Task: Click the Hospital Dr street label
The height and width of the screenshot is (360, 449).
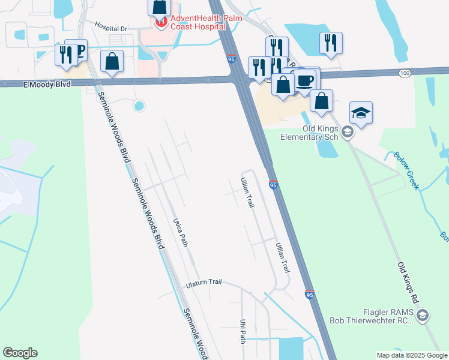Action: pyautogui.click(x=111, y=28)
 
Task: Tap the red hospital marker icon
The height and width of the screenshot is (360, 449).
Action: pyautogui.click(x=161, y=23)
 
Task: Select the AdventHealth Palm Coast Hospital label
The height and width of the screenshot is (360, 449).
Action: pyautogui.click(x=198, y=23)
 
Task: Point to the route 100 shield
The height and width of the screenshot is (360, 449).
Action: pyautogui.click(x=406, y=73)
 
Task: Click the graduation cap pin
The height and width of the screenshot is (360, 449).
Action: pyautogui.click(x=361, y=112)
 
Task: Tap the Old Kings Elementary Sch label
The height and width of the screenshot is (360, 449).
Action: pyautogui.click(x=310, y=133)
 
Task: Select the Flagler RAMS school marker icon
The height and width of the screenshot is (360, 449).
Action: pyautogui.click(x=422, y=316)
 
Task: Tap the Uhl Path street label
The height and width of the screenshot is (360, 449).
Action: pyautogui.click(x=243, y=331)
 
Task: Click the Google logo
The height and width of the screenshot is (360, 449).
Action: pyautogui.click(x=20, y=353)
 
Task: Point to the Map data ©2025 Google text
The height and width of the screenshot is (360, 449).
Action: pyautogui.click(x=412, y=355)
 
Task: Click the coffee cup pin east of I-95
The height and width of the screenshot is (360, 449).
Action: pyautogui.click(x=305, y=80)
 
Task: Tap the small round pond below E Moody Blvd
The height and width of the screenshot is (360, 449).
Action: pyautogui.click(x=139, y=106)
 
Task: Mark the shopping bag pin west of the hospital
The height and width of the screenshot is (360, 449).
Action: pyautogui.click(x=112, y=61)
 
